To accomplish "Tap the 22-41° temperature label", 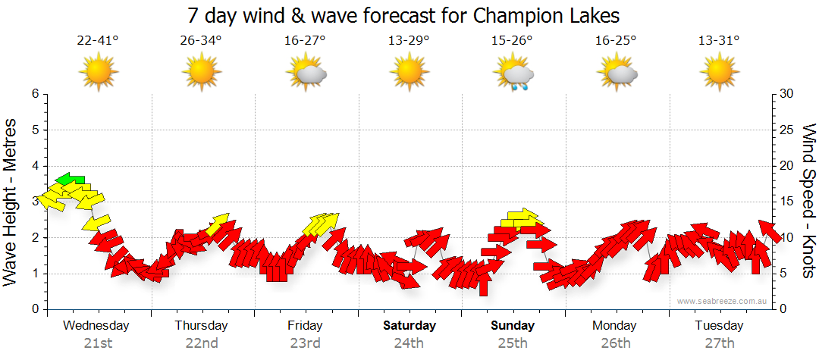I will (x=98, y=41).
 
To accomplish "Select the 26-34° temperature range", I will (x=201, y=41).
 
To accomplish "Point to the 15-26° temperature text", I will (x=512, y=41).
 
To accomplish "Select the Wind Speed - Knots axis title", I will (x=807, y=201).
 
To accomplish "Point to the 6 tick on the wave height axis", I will (x=35, y=94).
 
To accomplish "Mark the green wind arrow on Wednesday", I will (x=70, y=180).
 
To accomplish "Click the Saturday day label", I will (x=409, y=326).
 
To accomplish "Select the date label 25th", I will (x=513, y=343).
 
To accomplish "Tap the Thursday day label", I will (x=201, y=326).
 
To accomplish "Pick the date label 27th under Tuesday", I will (x=720, y=343).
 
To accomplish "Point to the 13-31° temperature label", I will (x=719, y=41).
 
